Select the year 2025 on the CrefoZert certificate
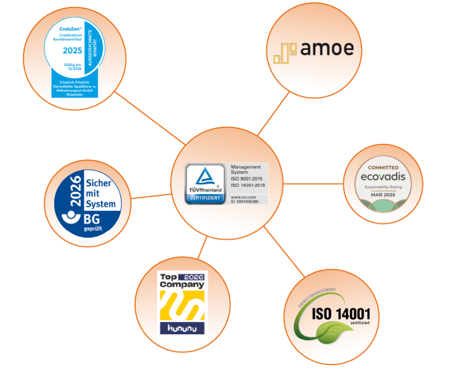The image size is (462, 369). click(73, 50)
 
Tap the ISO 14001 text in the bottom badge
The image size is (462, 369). click(341, 314)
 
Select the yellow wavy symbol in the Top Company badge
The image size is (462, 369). click(182, 305)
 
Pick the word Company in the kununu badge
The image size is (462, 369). click(182, 285)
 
